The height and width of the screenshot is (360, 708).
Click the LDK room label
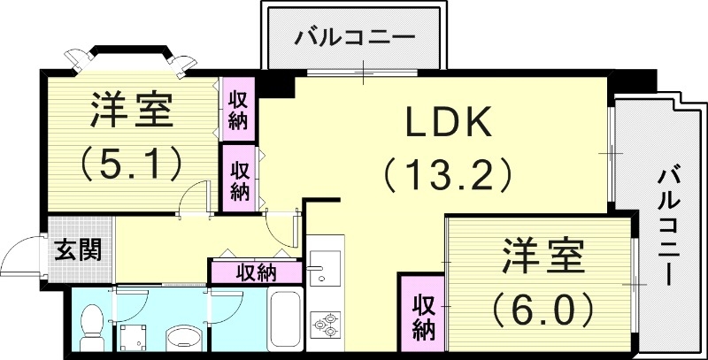click(x=448, y=125)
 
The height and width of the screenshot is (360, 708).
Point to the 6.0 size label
click(x=543, y=309)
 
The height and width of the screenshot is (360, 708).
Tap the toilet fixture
click(x=91, y=325)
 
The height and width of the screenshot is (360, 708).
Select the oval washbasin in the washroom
click(x=183, y=338)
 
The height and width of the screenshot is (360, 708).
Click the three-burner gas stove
click(x=325, y=325)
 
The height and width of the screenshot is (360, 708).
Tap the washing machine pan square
click(x=135, y=338)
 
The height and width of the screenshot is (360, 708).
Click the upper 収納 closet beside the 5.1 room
click(x=239, y=108)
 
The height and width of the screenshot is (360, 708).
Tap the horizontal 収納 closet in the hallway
click(x=256, y=272)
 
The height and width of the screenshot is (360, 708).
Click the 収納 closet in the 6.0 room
click(x=424, y=318)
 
